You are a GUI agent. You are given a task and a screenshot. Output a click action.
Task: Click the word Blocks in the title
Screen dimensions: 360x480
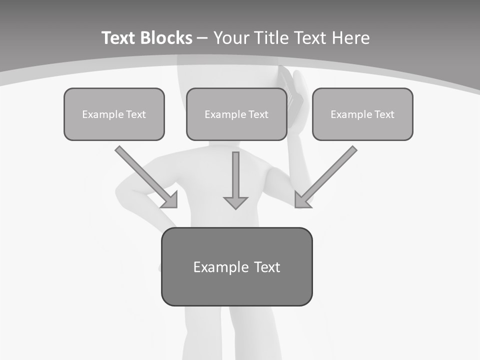[165, 38]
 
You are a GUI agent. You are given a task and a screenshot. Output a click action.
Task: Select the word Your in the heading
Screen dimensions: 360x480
[232, 38]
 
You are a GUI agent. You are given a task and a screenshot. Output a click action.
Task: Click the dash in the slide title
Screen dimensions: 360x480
[202, 38]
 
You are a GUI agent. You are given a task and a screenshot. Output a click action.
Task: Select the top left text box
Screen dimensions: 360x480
[114, 114]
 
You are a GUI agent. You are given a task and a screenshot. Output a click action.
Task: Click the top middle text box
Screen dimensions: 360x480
[236, 114]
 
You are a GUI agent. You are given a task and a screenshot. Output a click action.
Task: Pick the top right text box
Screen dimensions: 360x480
[362, 114]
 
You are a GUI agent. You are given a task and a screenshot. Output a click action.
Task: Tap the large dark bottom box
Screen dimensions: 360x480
[236, 266]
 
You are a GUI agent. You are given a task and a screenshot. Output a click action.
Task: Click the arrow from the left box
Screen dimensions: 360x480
[145, 175]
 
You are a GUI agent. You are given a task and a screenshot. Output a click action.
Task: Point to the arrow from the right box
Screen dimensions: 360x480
[327, 175]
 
